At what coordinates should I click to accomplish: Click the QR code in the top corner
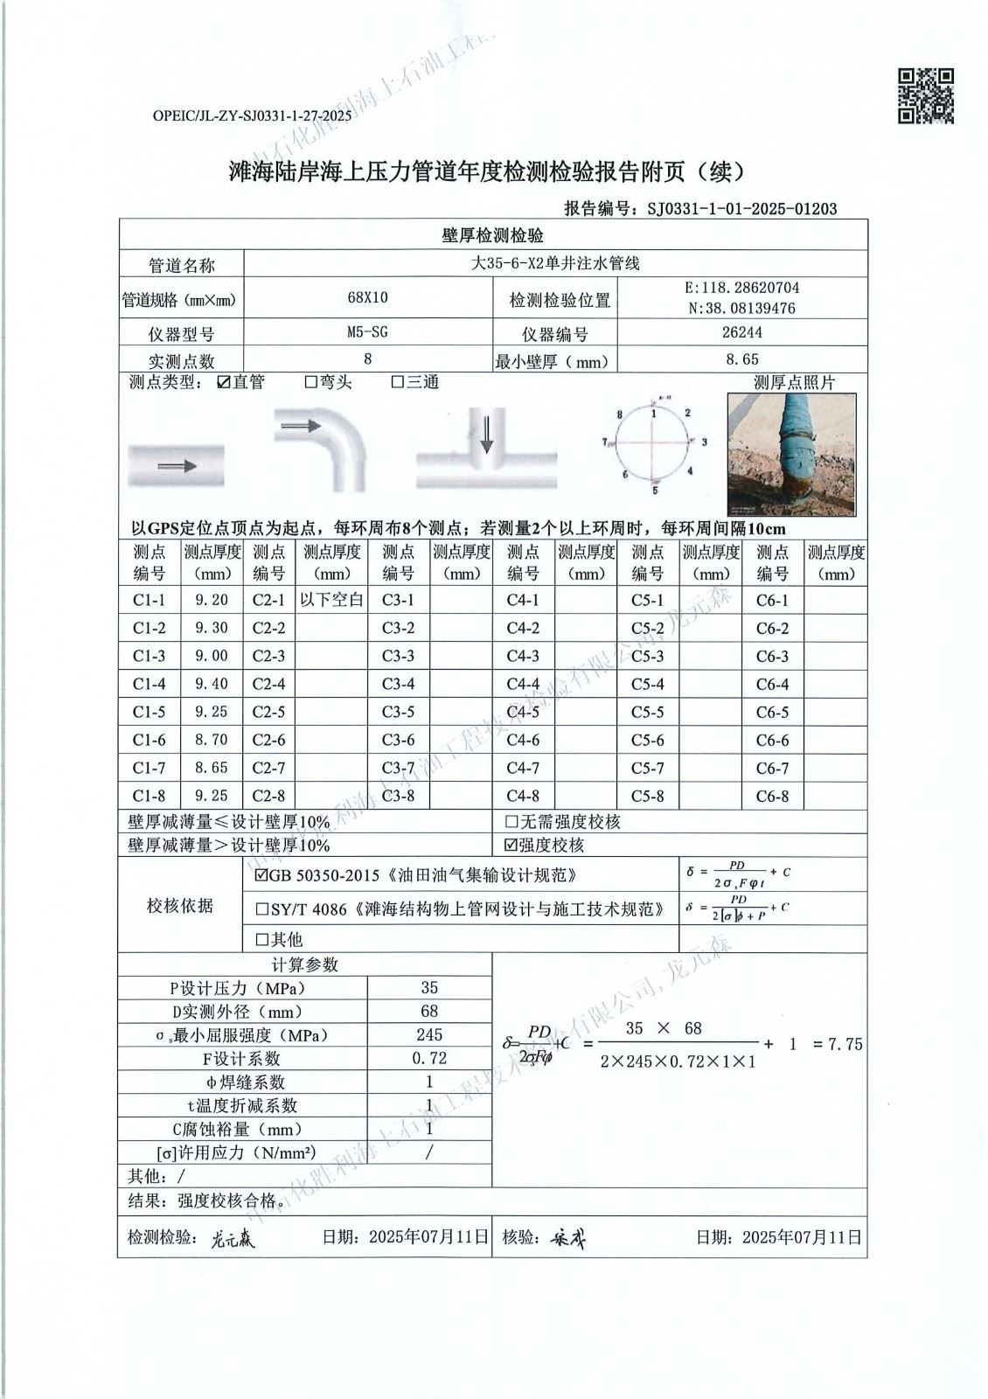coord(926,95)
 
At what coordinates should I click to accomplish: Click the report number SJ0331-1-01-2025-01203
coord(741,208)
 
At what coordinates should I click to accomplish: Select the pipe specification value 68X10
coord(367,298)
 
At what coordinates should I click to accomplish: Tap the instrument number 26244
coord(742,332)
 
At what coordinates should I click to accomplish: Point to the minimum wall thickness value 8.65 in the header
coord(742,358)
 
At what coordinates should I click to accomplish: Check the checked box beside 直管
coord(224,382)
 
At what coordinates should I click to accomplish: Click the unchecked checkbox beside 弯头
coord(310,382)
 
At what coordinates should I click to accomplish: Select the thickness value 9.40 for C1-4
coord(212,684)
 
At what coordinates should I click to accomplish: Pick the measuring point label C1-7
coord(150,768)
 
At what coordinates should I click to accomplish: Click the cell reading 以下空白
coord(331,600)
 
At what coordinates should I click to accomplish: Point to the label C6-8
coord(772,797)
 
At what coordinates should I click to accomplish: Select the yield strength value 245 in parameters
coord(429,1034)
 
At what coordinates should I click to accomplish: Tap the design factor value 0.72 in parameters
coord(429,1058)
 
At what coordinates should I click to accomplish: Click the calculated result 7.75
coord(845,1044)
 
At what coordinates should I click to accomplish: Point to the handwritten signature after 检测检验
coord(233,1238)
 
